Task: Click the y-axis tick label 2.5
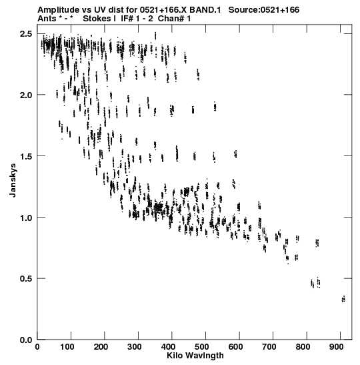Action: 26,34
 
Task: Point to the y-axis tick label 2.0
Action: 26,95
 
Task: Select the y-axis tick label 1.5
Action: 26,156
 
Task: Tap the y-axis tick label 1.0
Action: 26,218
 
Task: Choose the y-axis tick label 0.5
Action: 26,279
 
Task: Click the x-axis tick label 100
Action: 67,347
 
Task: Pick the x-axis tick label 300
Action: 135,347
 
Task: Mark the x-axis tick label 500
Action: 202,347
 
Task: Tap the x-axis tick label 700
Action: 269,347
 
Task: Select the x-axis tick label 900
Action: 337,347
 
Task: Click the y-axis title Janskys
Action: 13,180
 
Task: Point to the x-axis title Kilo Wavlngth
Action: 195,356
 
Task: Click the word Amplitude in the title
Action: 58,10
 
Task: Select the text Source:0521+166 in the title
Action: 264,10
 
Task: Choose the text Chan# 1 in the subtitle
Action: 174,19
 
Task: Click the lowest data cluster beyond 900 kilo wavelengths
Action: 343,299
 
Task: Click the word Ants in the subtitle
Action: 47,19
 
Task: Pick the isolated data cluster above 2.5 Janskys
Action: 155,35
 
